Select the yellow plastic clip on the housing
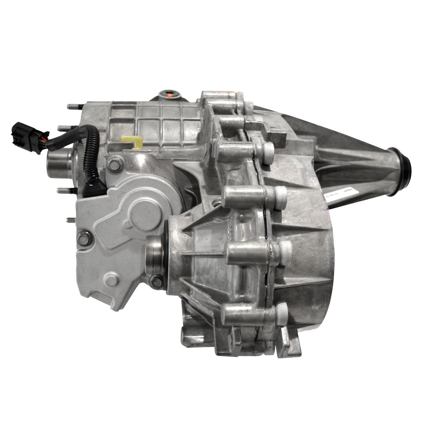tap(130, 142)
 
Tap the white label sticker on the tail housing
tap(342, 196)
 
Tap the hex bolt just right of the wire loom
tap(114, 165)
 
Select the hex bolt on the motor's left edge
tap(84, 239)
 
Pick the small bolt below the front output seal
tap(157, 282)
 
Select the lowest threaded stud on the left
tap(71, 220)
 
